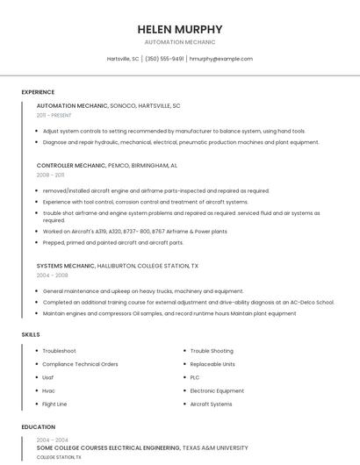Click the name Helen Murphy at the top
(x=180, y=29)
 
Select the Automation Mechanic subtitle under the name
(x=180, y=42)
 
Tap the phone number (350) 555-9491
(x=164, y=59)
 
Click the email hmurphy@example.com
(x=221, y=59)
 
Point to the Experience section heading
(x=38, y=92)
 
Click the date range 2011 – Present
(x=54, y=115)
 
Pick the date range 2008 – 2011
(x=50, y=175)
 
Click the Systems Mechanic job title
(x=66, y=265)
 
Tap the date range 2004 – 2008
(x=51, y=275)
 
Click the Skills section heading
(x=31, y=334)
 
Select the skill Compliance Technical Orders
(x=80, y=364)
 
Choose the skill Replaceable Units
(x=212, y=364)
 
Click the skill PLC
(x=195, y=377)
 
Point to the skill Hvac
(x=49, y=390)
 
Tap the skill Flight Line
(x=54, y=404)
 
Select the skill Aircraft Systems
(x=211, y=404)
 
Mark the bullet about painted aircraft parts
(x=113, y=242)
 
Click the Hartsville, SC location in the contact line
(x=123, y=59)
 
